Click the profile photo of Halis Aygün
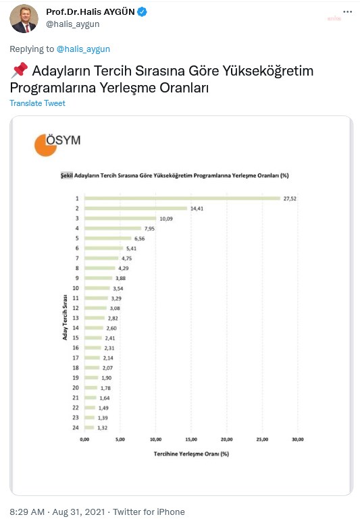pos(24,18)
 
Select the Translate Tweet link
pos(38,103)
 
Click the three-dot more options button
pos(346,13)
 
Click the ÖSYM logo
pos(57,144)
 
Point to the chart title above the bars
pos(174,175)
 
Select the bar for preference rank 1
pos(182,198)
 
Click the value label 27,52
pos(290,198)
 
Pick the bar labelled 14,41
pos(136,209)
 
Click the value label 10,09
pos(165,219)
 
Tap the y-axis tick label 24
pos(77,427)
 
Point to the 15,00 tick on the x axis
pos(191,439)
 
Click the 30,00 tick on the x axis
pos(298,439)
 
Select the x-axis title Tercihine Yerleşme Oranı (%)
pos(191,453)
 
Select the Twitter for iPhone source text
pos(147,512)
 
